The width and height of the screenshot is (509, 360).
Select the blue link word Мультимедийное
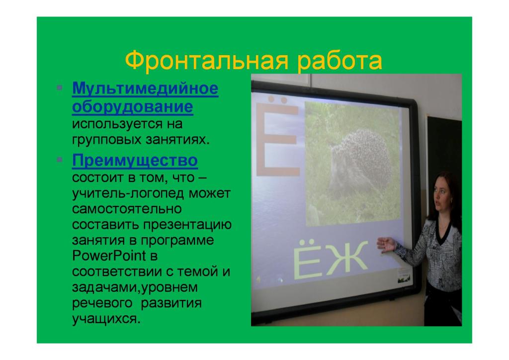click(145, 89)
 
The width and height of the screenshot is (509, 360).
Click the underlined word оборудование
click(132, 107)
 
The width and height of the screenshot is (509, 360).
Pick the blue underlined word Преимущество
click(135, 161)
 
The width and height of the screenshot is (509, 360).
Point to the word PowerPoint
click(109, 256)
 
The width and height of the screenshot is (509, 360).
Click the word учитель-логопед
click(128, 193)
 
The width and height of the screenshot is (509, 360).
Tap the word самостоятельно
click(127, 209)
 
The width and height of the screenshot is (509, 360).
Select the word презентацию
click(187, 225)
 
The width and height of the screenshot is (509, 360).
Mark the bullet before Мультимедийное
click(60, 88)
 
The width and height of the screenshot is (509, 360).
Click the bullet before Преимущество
click(60, 160)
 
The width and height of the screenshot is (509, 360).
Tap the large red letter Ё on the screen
click(277, 136)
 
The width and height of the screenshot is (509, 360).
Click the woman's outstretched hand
click(386, 244)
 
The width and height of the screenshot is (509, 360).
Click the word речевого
click(102, 303)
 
